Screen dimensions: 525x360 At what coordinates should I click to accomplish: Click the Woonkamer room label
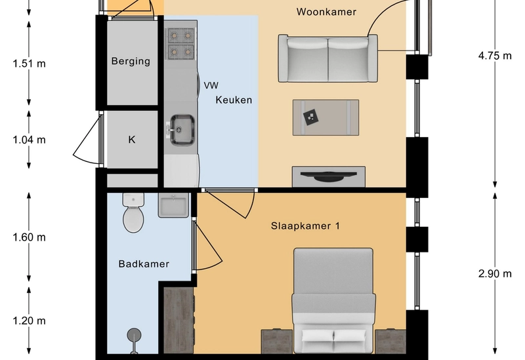[x=326, y=12]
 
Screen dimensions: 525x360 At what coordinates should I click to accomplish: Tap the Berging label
[x=131, y=61]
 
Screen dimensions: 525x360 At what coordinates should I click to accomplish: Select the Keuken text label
[x=234, y=100]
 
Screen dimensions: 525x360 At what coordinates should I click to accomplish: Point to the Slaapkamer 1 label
[x=305, y=226]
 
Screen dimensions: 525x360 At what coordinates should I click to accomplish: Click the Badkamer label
[x=144, y=264]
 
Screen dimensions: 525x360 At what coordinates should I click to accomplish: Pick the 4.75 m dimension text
[x=495, y=56]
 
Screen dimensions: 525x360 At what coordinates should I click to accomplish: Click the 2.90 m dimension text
[x=495, y=274]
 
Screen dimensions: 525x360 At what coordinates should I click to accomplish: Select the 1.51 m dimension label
[x=29, y=64]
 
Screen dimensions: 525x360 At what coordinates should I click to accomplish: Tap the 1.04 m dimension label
[x=29, y=140]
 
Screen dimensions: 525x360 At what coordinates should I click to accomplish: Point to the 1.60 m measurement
[x=29, y=237]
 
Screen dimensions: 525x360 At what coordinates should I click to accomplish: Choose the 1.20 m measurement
[x=29, y=321]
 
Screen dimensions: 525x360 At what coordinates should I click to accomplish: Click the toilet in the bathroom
[x=134, y=212]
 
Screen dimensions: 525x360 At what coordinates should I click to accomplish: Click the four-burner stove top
[x=181, y=43]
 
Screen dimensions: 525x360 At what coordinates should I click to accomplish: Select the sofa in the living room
[x=327, y=58]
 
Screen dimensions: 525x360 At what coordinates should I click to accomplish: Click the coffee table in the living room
[x=325, y=117]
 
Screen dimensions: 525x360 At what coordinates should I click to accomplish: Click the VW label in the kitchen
[x=211, y=86]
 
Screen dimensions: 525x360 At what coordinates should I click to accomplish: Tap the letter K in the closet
[x=132, y=140]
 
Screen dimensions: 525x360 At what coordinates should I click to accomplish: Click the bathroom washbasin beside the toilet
[x=173, y=205]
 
